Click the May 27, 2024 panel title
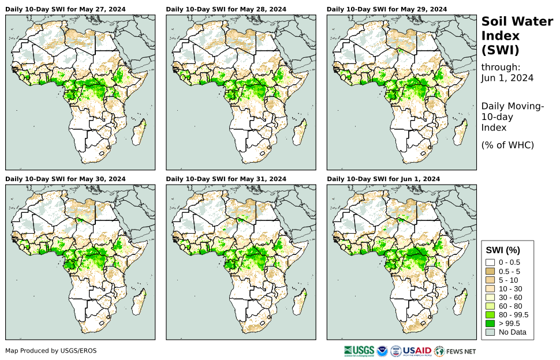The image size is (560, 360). [x=65, y=9]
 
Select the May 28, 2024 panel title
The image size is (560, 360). [x=226, y=9]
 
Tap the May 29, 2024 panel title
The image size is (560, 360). [x=387, y=9]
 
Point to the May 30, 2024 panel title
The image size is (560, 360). [x=65, y=179]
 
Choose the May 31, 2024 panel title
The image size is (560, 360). [x=226, y=179]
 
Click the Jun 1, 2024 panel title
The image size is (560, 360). [x=383, y=179]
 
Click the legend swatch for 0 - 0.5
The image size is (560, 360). [x=491, y=262]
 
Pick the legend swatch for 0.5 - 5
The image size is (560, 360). [x=491, y=271]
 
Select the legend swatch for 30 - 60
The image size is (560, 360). [x=491, y=297]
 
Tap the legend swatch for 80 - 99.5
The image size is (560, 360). [x=491, y=314]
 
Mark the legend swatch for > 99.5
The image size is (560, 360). [x=491, y=323]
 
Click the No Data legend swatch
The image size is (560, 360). [x=491, y=332]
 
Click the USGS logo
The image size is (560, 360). [x=357, y=350]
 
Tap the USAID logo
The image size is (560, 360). [x=416, y=350]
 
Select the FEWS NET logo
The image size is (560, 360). [x=456, y=350]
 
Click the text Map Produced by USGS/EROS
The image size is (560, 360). [x=51, y=350]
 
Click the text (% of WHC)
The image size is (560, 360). [x=507, y=145]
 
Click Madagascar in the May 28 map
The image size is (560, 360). [x=298, y=134]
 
